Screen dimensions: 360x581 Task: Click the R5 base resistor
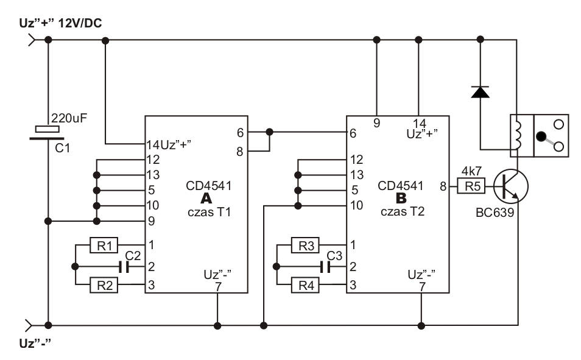471,186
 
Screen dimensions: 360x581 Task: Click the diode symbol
481,91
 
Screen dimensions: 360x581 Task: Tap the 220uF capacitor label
70,118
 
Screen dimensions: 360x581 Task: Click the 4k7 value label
472,172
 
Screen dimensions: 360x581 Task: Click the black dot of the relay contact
540,135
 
